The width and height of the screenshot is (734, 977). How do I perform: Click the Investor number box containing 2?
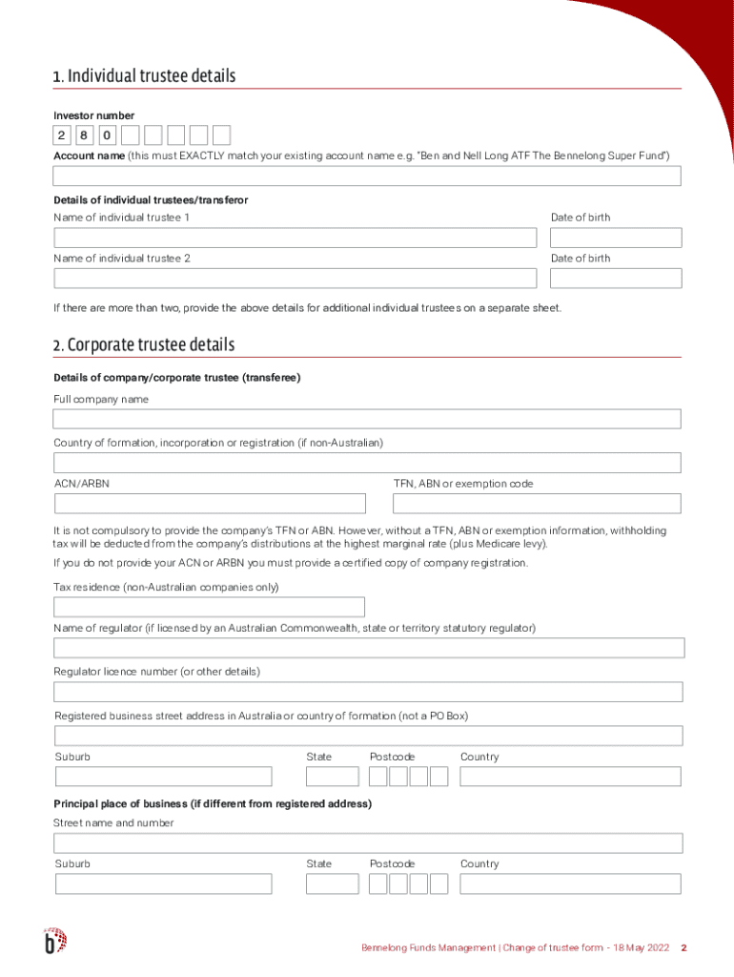[x=62, y=135]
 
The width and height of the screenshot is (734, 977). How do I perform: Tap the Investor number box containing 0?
[x=108, y=135]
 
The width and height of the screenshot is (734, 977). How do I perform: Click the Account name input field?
[x=367, y=177]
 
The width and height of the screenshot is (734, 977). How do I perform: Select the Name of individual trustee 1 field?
[x=296, y=238]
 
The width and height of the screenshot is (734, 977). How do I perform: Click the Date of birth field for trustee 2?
[x=615, y=279]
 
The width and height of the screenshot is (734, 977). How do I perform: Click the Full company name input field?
[x=367, y=419]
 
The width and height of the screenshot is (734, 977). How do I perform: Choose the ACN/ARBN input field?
[x=210, y=504]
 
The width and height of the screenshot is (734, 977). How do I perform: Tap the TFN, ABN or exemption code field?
[x=537, y=504]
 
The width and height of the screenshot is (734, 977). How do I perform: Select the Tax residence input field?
[x=210, y=607]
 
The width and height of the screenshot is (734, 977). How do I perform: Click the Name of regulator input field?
[x=369, y=649]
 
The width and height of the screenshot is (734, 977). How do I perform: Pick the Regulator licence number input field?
[x=368, y=692]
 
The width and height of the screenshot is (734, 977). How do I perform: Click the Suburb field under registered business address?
[x=163, y=777]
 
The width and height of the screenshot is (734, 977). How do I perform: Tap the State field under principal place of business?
[x=332, y=883]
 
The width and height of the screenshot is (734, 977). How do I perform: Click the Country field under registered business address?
[x=570, y=777]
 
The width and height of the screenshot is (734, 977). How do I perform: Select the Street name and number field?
[x=368, y=843]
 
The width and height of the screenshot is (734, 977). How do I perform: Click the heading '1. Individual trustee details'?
[x=145, y=76]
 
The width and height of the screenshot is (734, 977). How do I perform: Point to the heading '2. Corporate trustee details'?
[x=144, y=345]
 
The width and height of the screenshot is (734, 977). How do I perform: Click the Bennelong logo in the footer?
[x=55, y=941]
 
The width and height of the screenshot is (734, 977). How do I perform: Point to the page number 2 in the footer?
[x=683, y=948]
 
